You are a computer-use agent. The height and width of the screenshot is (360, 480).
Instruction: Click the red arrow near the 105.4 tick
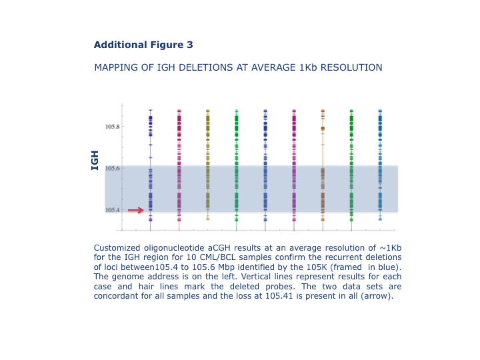point(135,210)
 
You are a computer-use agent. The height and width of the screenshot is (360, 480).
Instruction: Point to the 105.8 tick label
point(113,127)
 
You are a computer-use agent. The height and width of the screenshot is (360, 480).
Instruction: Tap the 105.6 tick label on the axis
point(113,169)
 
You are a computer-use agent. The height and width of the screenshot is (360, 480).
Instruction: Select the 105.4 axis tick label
point(113,210)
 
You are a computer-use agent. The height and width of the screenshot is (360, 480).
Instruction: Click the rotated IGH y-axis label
point(95,161)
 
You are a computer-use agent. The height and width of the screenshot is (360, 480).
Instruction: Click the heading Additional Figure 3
point(143,45)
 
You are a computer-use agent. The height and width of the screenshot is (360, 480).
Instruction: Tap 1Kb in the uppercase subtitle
point(308,67)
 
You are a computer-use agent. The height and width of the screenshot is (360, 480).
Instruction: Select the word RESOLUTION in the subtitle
point(351,67)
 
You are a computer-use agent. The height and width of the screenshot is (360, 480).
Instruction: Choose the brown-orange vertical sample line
point(323,170)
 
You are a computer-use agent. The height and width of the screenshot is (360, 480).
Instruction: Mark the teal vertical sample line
point(380,165)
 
